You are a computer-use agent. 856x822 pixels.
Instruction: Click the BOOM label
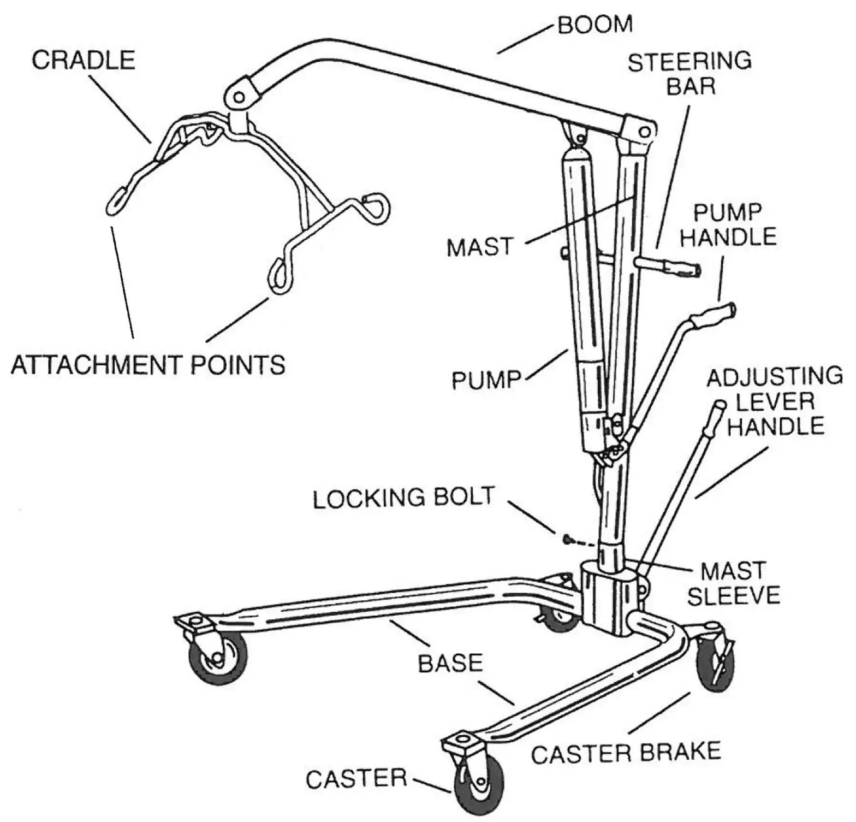pos(595,25)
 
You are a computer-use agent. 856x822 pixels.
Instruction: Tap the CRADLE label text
pos(83,60)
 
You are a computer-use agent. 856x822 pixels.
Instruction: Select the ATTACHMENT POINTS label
pos(148,365)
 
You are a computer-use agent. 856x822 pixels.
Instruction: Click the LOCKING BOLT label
pos(403,498)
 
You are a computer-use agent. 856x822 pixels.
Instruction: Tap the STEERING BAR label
pos(689,74)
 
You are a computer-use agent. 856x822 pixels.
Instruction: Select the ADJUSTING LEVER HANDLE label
pos(775,401)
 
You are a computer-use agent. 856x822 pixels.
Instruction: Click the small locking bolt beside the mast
pos(567,540)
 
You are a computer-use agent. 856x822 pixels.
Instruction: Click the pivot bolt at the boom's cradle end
pos(239,98)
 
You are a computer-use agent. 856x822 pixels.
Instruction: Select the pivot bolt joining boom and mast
pos(644,132)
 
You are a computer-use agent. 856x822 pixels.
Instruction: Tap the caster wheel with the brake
pos(716,662)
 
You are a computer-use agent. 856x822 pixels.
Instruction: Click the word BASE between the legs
pos(450,663)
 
